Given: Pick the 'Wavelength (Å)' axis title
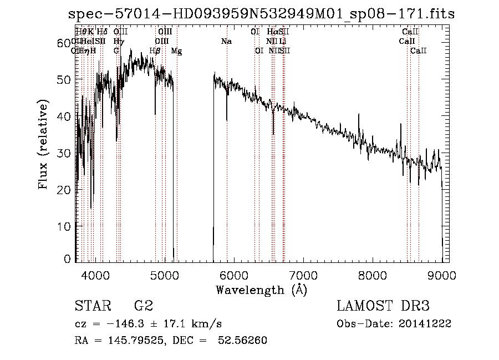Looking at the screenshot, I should coord(261,290).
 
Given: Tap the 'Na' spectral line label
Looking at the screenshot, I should coord(226,42).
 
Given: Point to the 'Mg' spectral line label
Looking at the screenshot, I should coord(176,51).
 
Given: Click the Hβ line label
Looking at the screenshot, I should coord(155,51).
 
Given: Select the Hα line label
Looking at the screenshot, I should coord(272,32).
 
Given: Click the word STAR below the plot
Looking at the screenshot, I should coord(91,306).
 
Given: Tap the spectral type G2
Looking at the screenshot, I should coord(143,306).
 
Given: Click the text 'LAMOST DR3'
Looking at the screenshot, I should coord(383,306).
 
